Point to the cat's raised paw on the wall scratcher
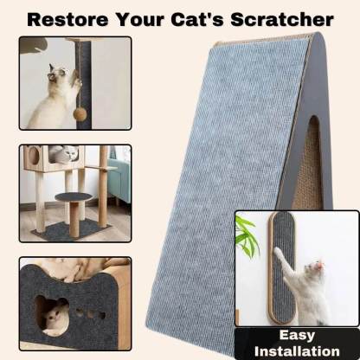(x=278, y=254)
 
